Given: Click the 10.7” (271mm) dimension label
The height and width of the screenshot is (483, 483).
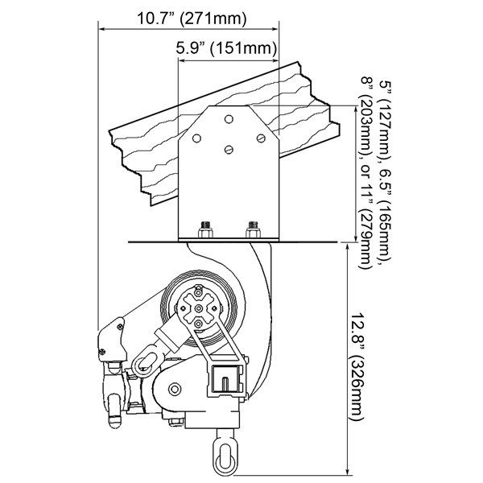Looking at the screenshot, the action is click(x=192, y=19).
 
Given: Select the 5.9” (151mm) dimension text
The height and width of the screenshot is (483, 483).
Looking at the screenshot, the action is click(x=226, y=48).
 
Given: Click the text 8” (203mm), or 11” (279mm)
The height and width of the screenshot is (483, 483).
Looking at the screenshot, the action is click(x=366, y=173).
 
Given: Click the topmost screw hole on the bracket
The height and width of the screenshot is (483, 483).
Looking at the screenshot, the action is click(x=229, y=119).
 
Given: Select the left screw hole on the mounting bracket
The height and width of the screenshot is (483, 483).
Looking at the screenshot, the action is click(x=196, y=138).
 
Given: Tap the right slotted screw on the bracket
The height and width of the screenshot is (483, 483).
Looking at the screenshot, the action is click(x=261, y=138).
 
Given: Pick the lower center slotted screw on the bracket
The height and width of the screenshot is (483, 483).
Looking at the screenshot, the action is click(x=229, y=150).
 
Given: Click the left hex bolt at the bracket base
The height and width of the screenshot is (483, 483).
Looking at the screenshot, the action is click(x=205, y=229).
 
